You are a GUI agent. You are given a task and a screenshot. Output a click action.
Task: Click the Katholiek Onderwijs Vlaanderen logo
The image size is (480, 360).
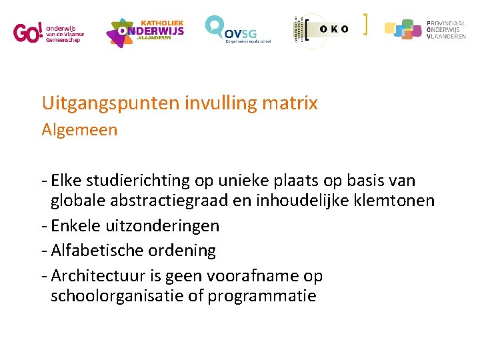[145, 31]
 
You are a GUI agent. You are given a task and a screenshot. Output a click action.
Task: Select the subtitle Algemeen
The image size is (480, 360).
[79, 130]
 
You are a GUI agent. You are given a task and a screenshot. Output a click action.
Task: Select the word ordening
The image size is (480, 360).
[183, 251]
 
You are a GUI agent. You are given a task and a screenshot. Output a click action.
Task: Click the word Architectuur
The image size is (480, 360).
[96, 275]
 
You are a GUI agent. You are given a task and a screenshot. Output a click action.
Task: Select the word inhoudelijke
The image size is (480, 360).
[305, 201]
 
